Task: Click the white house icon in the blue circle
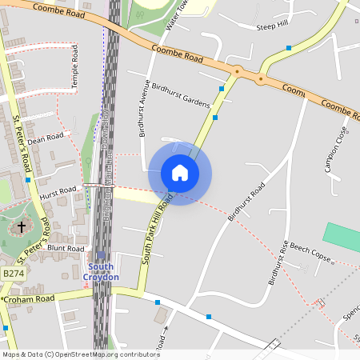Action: [x=179, y=173]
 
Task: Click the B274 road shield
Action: [x=13, y=274]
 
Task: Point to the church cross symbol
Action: [x=22, y=227]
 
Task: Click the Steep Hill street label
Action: [x=271, y=27]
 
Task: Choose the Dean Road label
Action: [x=45, y=138]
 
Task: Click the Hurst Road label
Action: [x=57, y=192]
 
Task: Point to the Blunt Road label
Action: [x=66, y=249]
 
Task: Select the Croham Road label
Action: [x=28, y=299]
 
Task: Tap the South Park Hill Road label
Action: [x=158, y=232]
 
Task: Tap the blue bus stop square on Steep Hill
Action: [x=288, y=48]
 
